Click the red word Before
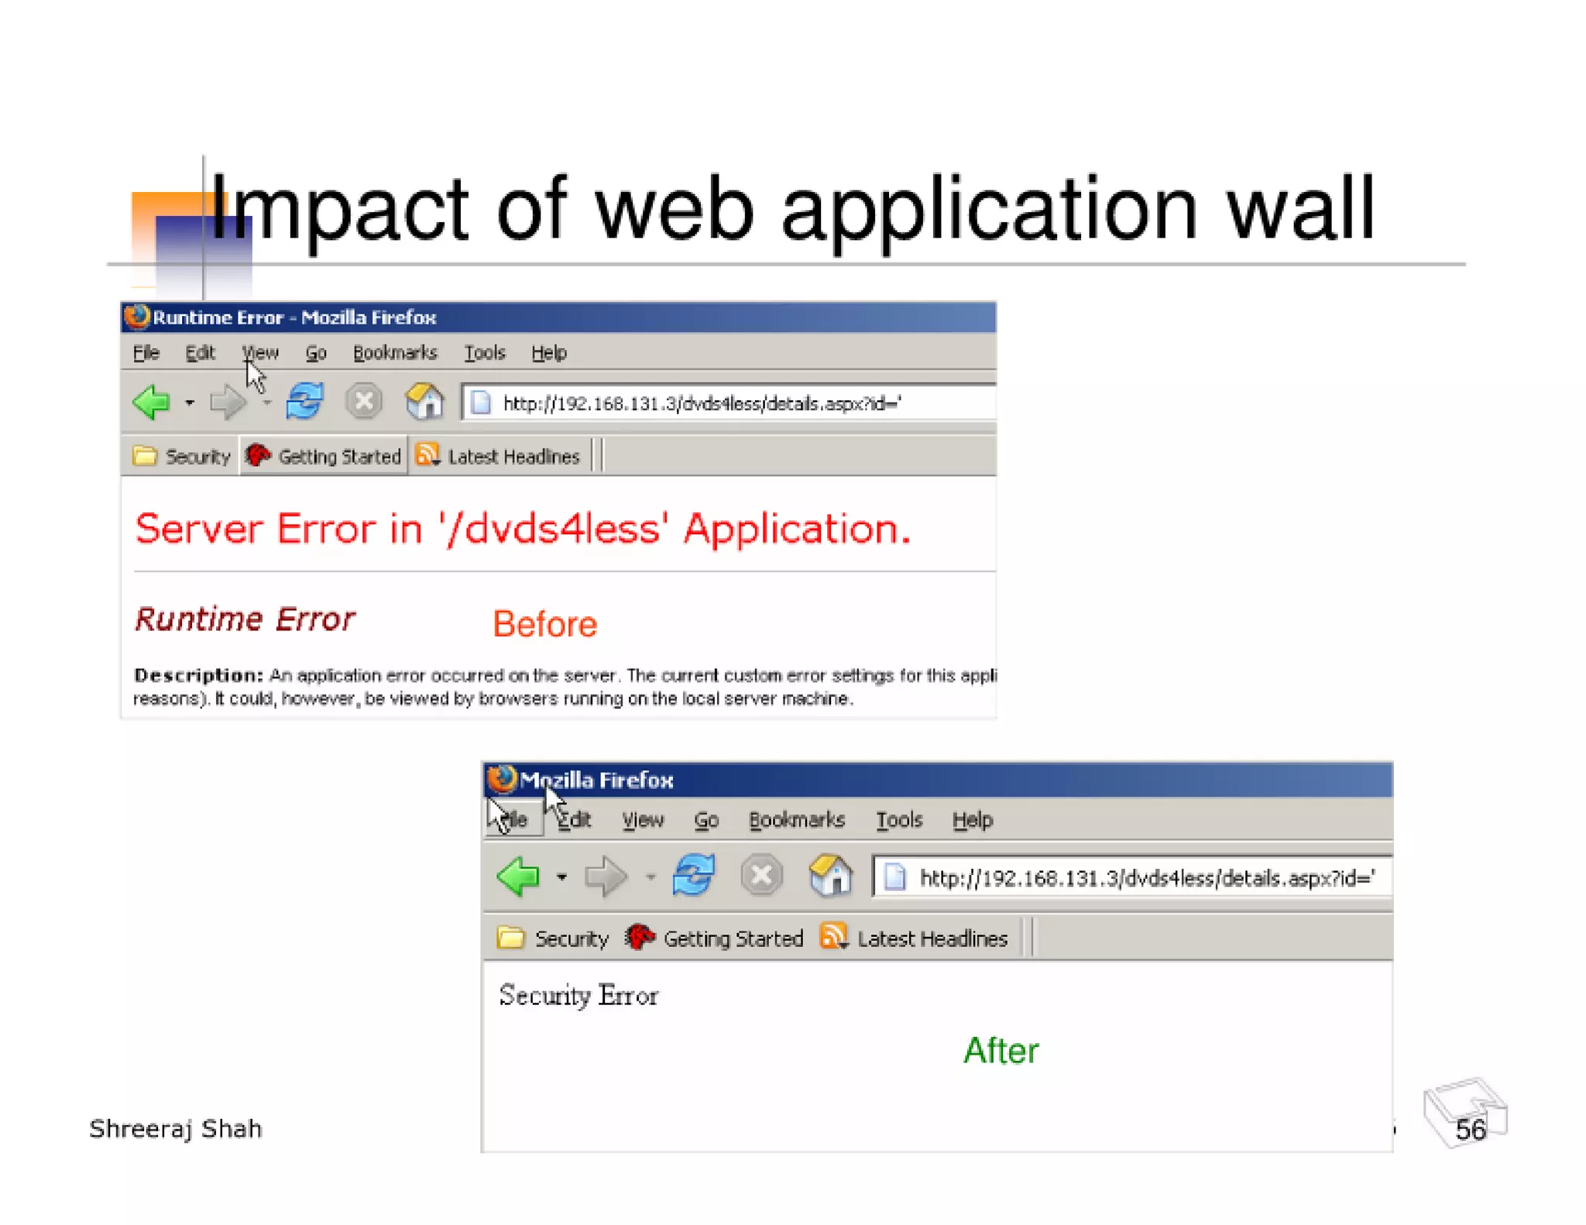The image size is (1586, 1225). click(x=544, y=624)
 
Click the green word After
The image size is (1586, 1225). click(x=1001, y=1051)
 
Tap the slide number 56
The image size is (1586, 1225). click(x=1470, y=1130)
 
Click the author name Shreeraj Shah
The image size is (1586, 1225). click(x=176, y=1129)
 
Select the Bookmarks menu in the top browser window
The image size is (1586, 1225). click(x=395, y=353)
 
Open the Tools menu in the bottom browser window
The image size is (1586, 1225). click(x=898, y=819)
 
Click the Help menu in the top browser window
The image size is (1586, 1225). click(x=549, y=353)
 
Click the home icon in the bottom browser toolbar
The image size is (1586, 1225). click(x=830, y=876)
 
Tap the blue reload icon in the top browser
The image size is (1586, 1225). click(x=304, y=401)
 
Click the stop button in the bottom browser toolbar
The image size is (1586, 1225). click(x=761, y=876)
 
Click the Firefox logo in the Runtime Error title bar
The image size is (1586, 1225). click(x=137, y=317)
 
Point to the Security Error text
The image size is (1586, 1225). click(x=578, y=995)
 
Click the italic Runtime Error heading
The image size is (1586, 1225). click(x=245, y=619)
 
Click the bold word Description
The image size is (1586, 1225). click(x=197, y=675)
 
